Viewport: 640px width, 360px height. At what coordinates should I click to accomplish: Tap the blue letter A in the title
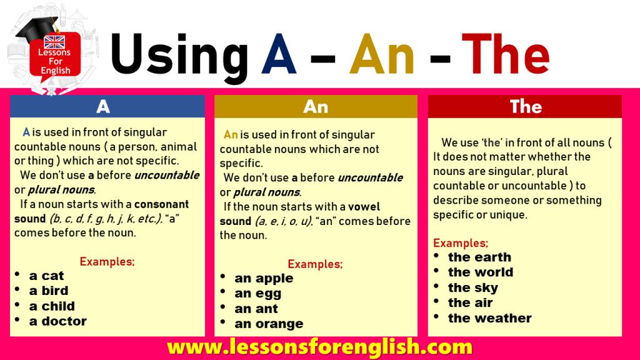point(279,54)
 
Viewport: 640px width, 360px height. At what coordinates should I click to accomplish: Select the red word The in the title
point(505,54)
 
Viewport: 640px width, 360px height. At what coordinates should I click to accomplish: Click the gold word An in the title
point(382,54)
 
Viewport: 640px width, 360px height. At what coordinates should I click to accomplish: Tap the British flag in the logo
point(54,42)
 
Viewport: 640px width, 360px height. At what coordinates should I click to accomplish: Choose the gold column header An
point(316,107)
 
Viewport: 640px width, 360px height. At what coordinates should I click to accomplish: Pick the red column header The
point(525,107)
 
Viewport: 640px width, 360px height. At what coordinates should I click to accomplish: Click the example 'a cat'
point(46,276)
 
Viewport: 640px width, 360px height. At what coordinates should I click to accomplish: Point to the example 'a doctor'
point(58,321)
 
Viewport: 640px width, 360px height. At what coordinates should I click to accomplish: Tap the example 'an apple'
point(264,279)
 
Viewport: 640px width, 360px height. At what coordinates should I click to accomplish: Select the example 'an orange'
point(269,324)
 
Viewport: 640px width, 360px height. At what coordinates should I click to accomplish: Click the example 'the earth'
point(479,257)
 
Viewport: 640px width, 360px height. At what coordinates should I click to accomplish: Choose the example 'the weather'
point(490,318)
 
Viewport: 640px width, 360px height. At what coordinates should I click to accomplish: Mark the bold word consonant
point(162,204)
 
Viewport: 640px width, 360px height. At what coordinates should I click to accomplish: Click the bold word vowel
point(364,206)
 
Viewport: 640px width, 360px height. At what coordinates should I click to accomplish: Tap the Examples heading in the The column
point(461,243)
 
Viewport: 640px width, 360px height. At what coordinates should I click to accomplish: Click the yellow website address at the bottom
point(319,347)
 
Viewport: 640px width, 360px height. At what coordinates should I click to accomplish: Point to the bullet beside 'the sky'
point(436,286)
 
